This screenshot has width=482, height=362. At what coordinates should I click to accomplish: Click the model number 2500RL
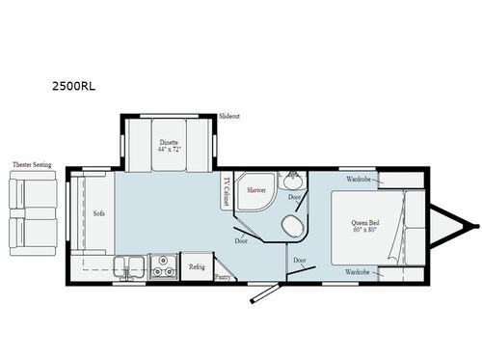click(x=73, y=84)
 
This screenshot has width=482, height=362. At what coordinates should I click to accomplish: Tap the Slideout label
click(x=228, y=114)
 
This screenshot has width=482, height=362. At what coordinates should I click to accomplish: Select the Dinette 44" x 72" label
click(x=169, y=147)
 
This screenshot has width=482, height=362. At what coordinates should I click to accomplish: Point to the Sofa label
click(x=98, y=213)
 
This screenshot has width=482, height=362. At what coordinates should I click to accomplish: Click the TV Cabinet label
click(x=228, y=191)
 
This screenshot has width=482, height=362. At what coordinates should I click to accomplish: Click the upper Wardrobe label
click(x=361, y=179)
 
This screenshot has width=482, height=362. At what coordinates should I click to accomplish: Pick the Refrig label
click(x=197, y=265)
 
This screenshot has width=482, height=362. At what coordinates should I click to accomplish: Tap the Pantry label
click(x=223, y=276)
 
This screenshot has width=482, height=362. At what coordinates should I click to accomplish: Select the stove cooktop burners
click(x=164, y=265)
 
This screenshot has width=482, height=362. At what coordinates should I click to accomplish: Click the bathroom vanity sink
click(x=291, y=181)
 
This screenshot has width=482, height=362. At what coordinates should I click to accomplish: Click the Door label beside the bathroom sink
click(x=294, y=197)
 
